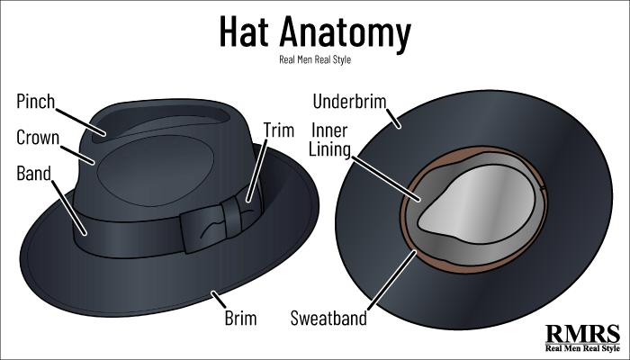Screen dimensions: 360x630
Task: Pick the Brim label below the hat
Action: click(x=240, y=318)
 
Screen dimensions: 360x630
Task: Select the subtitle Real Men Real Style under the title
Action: click(x=315, y=60)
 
